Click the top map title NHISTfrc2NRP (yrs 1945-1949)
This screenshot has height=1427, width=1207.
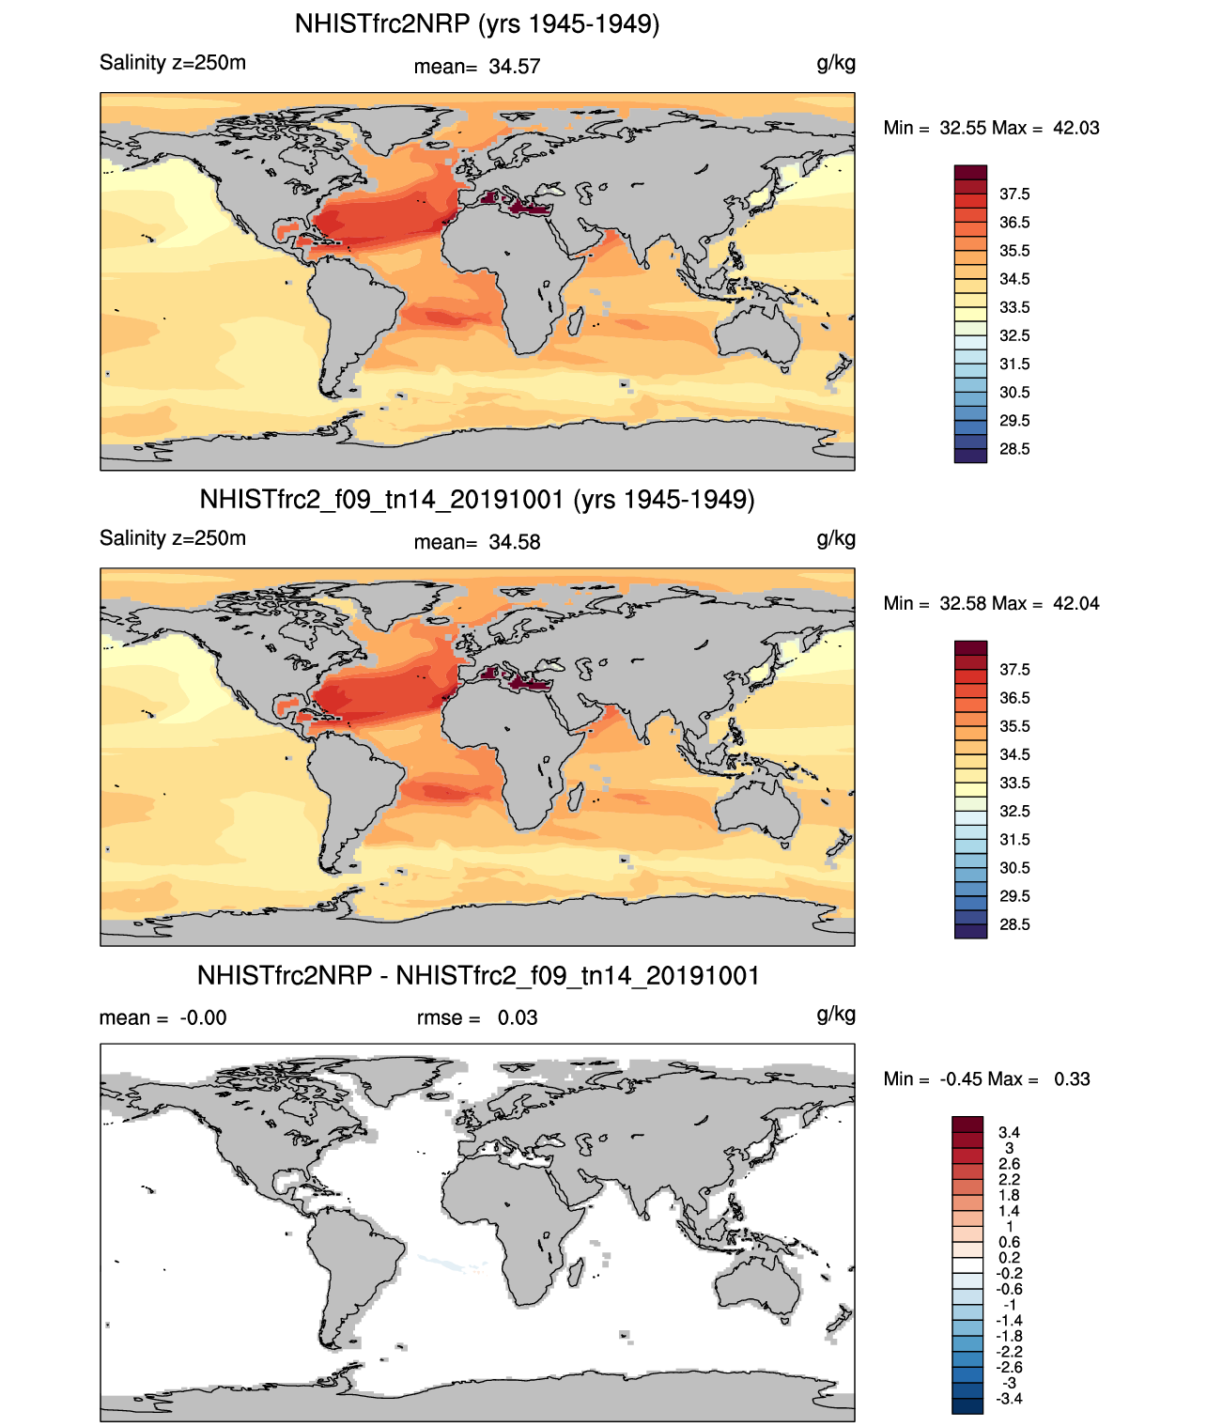pyautogui.click(x=477, y=23)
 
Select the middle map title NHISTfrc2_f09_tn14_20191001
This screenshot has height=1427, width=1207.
pyautogui.click(x=477, y=499)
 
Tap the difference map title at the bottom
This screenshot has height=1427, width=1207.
pyautogui.click(x=477, y=976)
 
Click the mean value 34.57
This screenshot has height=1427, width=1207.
pyautogui.click(x=514, y=67)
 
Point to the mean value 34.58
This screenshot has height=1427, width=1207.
pyautogui.click(x=514, y=542)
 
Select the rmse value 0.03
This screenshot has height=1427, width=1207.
pyautogui.click(x=518, y=1018)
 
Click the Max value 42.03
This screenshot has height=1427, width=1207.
pyautogui.click(x=1075, y=129)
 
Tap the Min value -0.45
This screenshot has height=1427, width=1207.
pyautogui.click(x=962, y=1079)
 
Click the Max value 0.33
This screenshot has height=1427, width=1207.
pyautogui.click(x=1072, y=1079)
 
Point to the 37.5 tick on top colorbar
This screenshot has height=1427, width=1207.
pyautogui.click(x=1014, y=194)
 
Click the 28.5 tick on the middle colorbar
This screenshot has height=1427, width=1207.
pyautogui.click(x=1014, y=924)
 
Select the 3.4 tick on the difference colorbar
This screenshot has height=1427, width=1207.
pyautogui.click(x=1009, y=1133)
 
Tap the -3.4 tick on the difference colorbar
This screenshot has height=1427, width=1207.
pyautogui.click(x=1009, y=1399)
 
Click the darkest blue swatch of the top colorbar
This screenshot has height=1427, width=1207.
pyautogui.click(x=970, y=456)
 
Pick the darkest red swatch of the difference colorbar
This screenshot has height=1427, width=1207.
pyautogui.click(x=967, y=1125)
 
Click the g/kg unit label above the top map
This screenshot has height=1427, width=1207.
pyautogui.click(x=835, y=63)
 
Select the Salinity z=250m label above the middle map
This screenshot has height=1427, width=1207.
pyautogui.click(x=173, y=538)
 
